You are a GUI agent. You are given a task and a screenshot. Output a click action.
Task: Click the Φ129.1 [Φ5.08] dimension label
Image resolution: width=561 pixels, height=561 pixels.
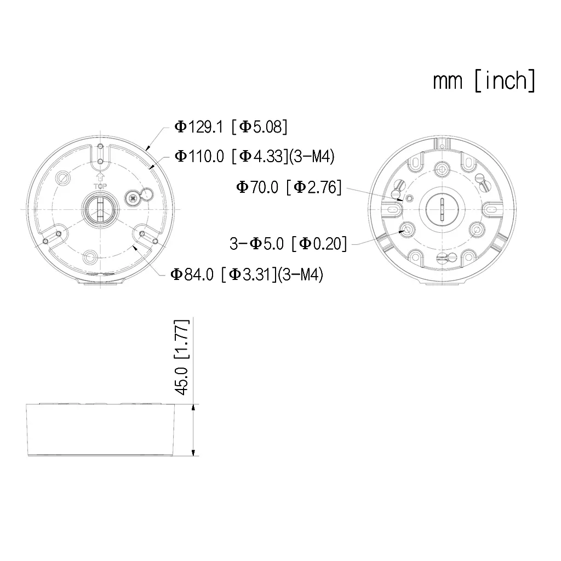click(x=231, y=127)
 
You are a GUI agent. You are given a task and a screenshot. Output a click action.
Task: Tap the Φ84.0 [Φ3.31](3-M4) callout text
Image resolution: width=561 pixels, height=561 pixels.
click(x=247, y=274)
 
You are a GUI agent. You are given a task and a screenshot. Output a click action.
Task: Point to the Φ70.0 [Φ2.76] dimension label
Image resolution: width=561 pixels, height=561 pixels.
click(x=289, y=187)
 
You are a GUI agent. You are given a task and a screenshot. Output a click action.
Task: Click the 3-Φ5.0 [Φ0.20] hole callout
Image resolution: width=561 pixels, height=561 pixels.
click(x=288, y=243)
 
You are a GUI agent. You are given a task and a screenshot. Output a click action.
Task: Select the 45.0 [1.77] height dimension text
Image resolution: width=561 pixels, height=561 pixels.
click(x=182, y=357)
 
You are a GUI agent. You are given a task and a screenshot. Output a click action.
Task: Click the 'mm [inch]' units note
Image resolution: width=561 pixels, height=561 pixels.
click(x=484, y=81)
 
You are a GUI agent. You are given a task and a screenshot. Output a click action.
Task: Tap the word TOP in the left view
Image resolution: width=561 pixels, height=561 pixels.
click(x=100, y=186)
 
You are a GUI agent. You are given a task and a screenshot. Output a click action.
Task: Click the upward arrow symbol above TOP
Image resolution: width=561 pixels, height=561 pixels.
click(x=100, y=177)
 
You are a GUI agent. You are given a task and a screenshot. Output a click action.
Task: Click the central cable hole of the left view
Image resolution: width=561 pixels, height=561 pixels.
click(x=99, y=209)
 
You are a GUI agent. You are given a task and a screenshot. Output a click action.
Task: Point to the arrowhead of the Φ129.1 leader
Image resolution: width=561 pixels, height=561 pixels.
click(x=147, y=148)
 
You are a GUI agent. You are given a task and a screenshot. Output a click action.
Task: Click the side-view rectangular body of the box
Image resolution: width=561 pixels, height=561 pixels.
click(x=101, y=430)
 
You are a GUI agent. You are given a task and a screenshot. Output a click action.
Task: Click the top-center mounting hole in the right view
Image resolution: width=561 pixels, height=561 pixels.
click(x=442, y=169)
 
